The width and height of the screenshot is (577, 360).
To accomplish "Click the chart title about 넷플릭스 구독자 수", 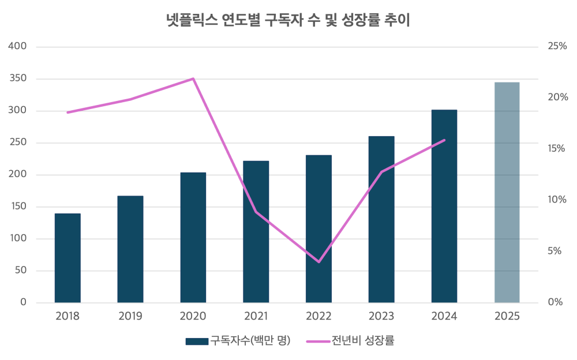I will click(287, 21).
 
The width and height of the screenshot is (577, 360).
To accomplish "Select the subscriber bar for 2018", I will click(68, 258).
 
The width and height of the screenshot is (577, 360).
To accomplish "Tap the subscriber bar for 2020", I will click(193, 237).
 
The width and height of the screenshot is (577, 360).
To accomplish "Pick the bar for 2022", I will click(319, 228).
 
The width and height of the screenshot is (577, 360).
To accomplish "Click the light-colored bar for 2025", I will click(507, 192).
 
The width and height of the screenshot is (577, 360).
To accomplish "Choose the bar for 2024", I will click(444, 206).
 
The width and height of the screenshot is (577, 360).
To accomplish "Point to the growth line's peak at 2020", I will click(193, 78).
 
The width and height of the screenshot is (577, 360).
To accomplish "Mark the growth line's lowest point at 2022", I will click(319, 262).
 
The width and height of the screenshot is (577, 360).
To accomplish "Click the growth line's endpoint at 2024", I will click(444, 140).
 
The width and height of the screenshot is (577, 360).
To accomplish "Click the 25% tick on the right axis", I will click(557, 46).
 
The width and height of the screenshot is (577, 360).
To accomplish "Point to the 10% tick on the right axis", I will click(557, 200).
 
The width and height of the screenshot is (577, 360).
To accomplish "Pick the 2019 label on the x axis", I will click(130, 316).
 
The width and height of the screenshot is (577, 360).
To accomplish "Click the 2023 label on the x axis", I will click(381, 316).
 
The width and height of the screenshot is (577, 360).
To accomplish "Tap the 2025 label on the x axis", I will click(507, 316).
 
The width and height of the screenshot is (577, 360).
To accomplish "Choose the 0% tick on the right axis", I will click(555, 303).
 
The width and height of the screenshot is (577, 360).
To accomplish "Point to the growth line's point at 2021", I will click(256, 212).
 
